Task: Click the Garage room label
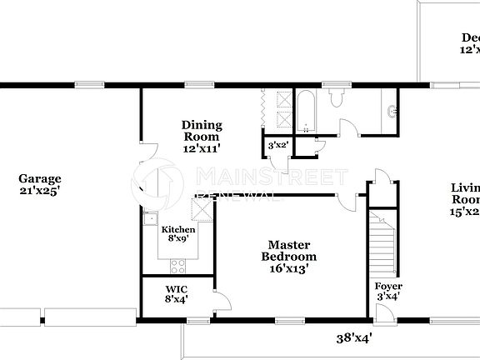tap(40, 178)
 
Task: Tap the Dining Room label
tap(201, 131)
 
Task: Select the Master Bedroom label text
tap(289, 251)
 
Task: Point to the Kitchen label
tap(178, 230)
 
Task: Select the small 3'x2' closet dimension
tap(277, 145)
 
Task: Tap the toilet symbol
tap(337, 99)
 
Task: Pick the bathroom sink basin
tap(392, 111)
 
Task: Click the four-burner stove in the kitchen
tap(178, 266)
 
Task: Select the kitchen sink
tap(150, 220)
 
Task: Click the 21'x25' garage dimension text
tap(40, 190)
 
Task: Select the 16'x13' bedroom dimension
tap(289, 269)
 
